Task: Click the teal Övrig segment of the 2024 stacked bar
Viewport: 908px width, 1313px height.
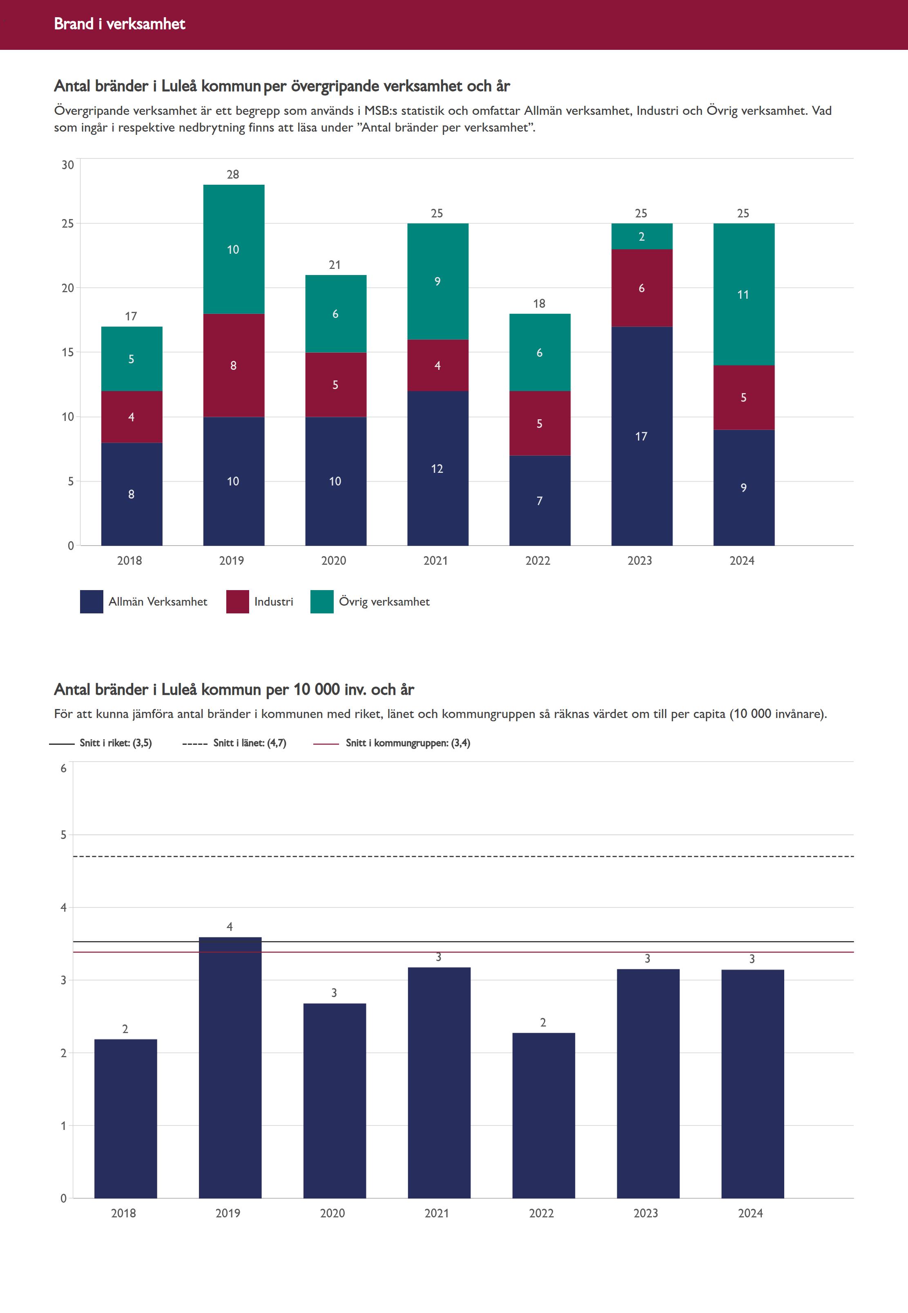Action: click(x=743, y=294)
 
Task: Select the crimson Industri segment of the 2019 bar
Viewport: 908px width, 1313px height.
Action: click(x=233, y=365)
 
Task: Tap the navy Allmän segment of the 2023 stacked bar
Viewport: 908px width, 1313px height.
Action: click(x=641, y=436)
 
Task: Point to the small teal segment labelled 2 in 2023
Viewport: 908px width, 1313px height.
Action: click(x=641, y=236)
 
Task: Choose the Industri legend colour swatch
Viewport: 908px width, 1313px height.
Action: click(x=237, y=602)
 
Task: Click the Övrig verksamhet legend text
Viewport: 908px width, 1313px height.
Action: click(x=384, y=602)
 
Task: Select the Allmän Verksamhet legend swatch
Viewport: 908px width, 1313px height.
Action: click(x=91, y=602)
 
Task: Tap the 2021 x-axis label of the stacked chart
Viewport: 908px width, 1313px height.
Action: click(x=436, y=561)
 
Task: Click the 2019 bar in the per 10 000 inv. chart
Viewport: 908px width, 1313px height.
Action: click(x=230, y=1070)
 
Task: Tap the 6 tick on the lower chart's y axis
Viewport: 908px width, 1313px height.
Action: click(x=63, y=768)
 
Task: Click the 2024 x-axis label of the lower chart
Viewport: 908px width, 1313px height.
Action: click(x=750, y=1213)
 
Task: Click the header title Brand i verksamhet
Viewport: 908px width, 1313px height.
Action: click(x=119, y=24)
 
